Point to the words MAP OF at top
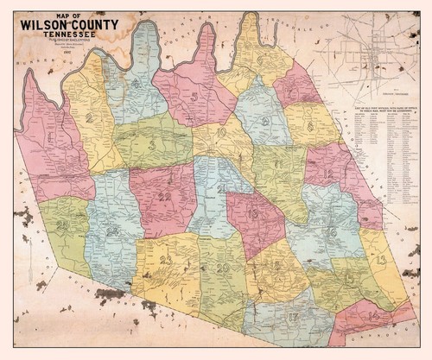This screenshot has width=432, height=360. (x=67, y=16)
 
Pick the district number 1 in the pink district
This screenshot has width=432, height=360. (x=52, y=136)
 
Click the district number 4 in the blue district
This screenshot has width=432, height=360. (x=137, y=84)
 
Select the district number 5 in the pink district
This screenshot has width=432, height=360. (x=195, y=96)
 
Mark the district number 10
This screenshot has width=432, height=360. (x=223, y=134)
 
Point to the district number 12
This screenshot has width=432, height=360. (x=328, y=174)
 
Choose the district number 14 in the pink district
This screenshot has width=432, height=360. (x=372, y=317)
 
